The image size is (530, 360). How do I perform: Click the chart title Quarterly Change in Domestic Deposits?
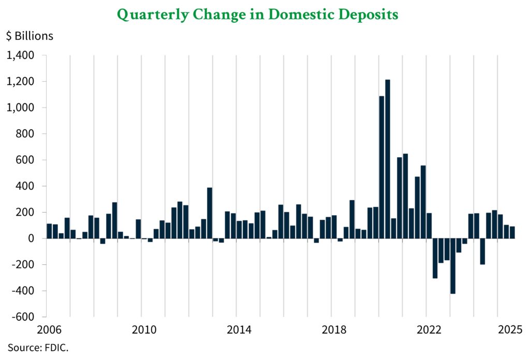[x=257, y=15]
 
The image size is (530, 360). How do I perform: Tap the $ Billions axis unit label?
[x=30, y=36]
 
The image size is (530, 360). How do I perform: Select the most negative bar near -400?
[x=453, y=266]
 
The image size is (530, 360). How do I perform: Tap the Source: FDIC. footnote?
[x=38, y=348]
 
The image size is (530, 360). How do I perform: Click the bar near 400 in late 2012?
[x=210, y=213]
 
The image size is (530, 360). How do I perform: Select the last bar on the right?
[x=512, y=232]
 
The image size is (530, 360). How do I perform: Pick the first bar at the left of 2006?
[x=49, y=231]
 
